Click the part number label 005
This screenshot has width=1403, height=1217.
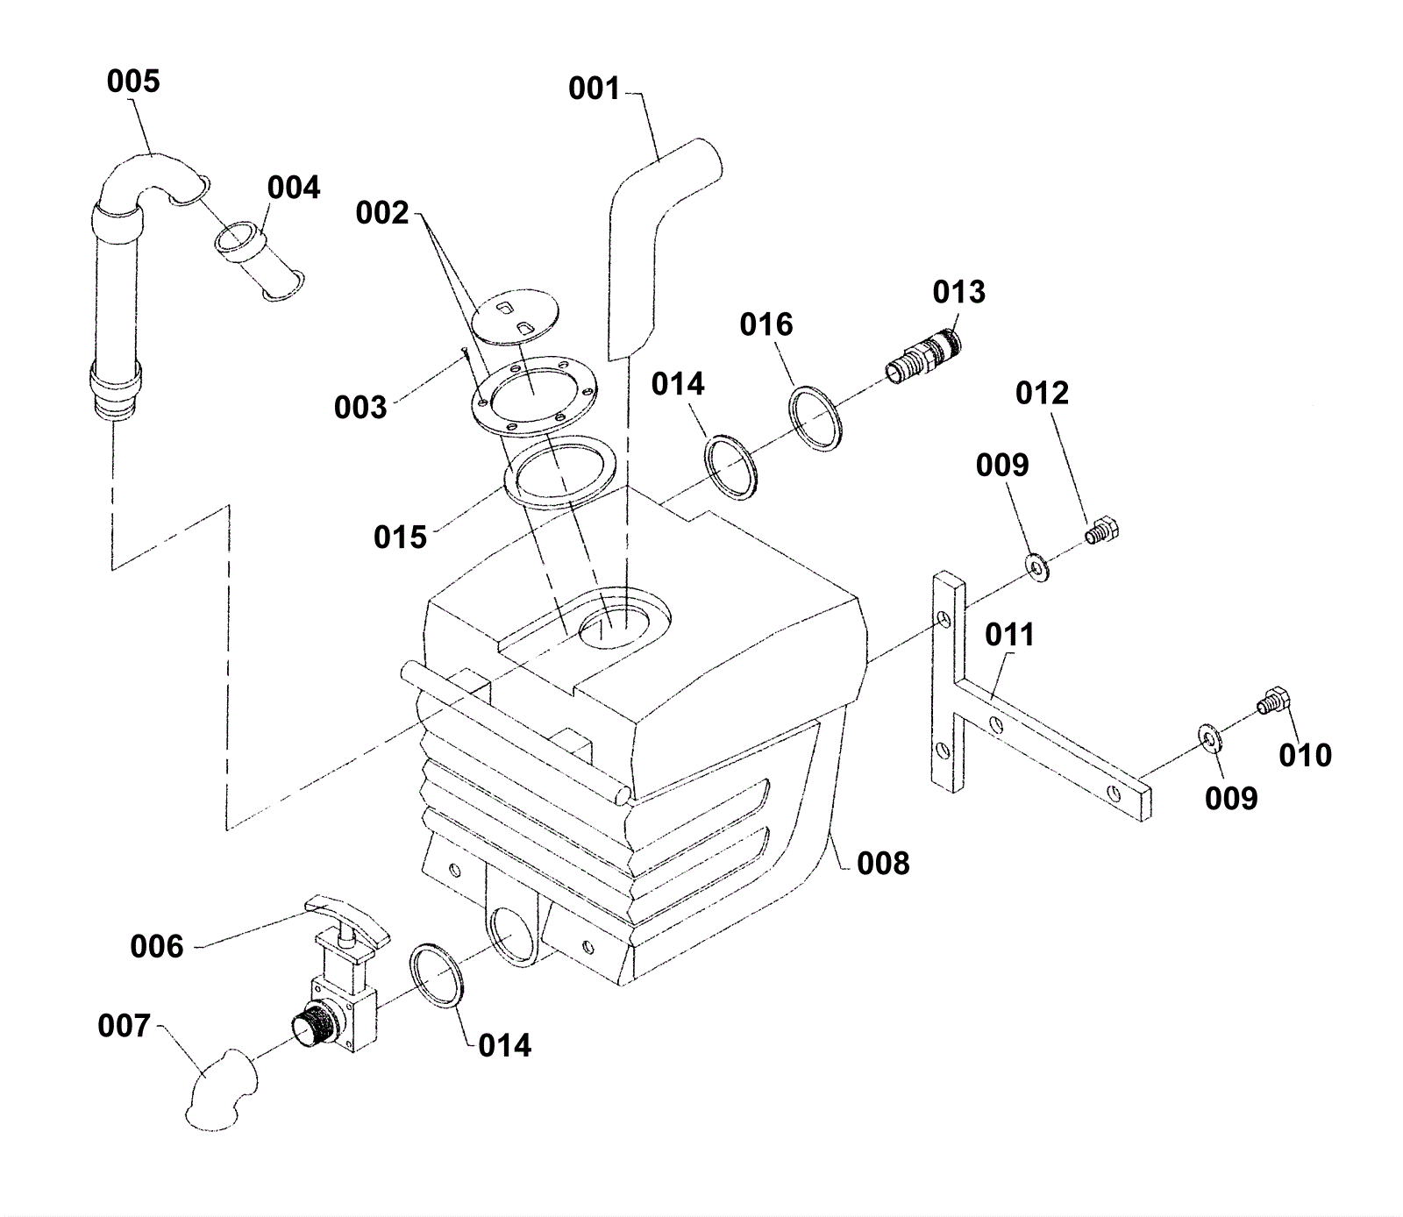133,82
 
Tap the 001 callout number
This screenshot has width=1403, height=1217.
594,89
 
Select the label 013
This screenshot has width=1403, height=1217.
958,292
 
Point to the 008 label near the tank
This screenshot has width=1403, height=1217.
883,864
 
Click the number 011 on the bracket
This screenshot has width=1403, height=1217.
1009,635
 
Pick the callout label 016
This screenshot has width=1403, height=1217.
766,325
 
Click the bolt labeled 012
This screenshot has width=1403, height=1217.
1103,530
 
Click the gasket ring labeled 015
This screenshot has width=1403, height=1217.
560,471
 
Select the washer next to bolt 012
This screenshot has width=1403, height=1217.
1038,568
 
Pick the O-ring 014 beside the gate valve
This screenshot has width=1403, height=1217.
436,975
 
